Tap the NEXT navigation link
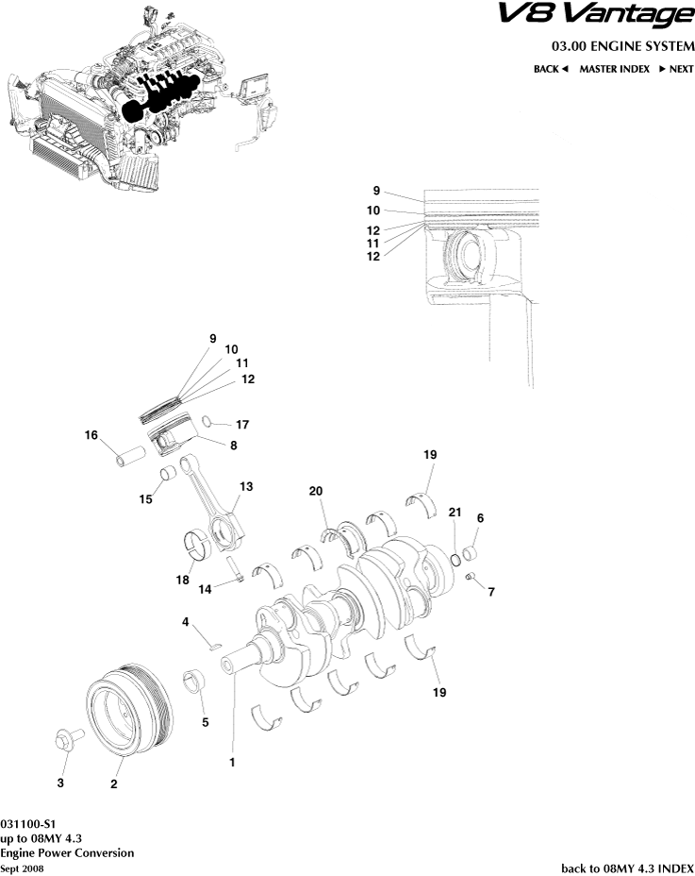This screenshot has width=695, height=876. click(x=675, y=69)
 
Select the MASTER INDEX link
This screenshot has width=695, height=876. click(x=614, y=69)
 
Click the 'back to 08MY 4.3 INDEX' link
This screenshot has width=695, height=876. click(x=627, y=867)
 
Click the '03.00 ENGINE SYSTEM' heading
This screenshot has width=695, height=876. click(x=622, y=46)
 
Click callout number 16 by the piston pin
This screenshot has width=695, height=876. click(x=91, y=435)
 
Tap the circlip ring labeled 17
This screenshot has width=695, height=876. click(x=212, y=422)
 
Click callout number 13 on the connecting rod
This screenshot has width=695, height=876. click(x=246, y=486)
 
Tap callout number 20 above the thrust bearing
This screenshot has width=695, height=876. click(x=315, y=491)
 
